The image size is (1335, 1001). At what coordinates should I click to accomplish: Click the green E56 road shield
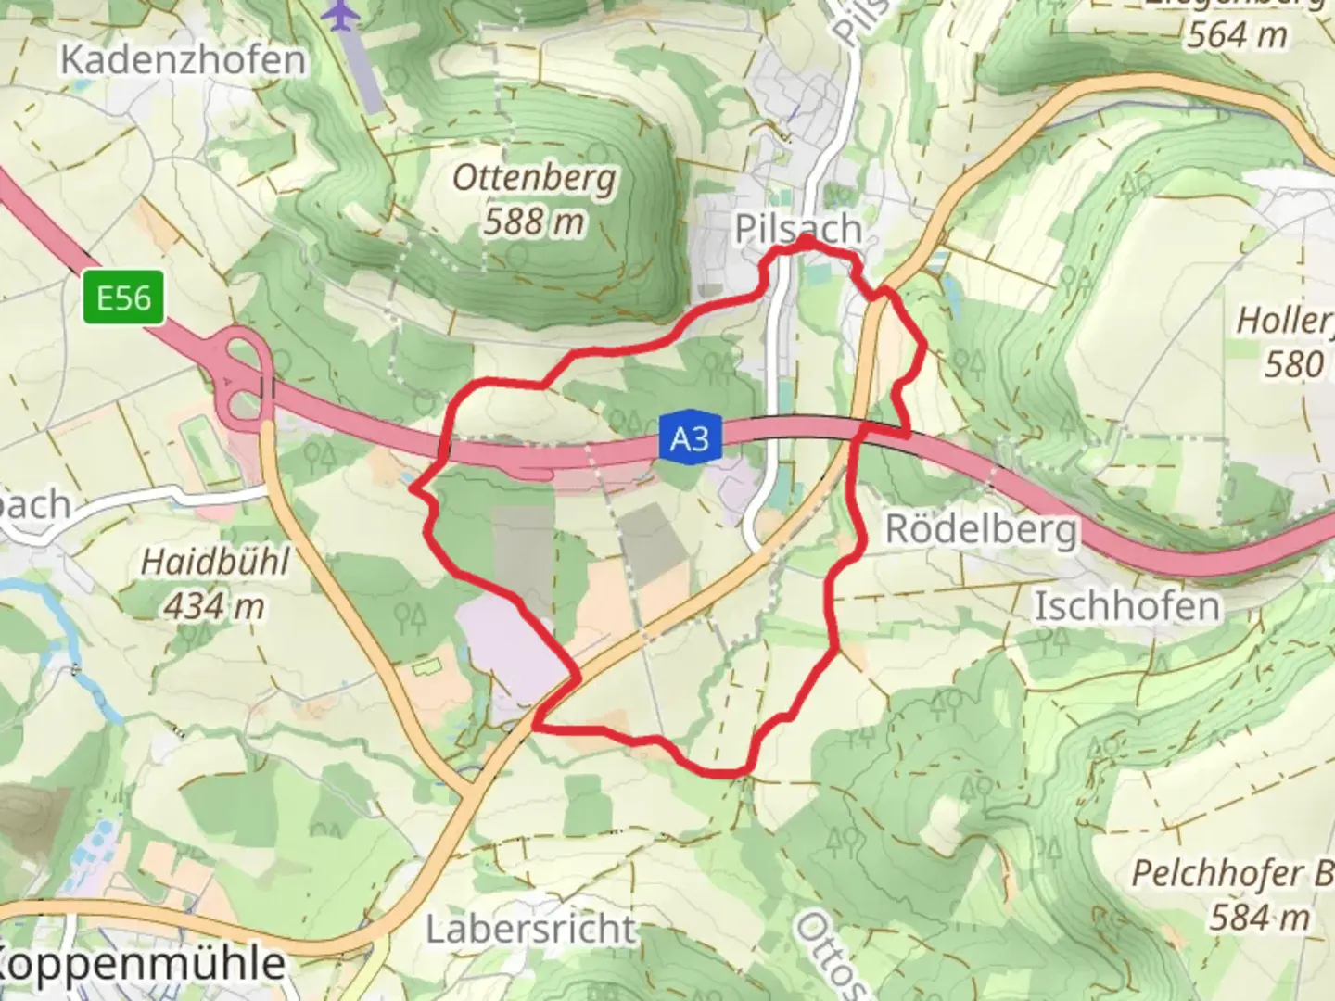click(x=124, y=298)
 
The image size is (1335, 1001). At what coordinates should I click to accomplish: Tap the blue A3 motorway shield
click(x=690, y=437)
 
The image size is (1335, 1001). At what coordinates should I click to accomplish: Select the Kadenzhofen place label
click(x=183, y=60)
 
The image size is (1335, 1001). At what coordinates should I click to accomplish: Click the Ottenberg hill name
click(x=534, y=177)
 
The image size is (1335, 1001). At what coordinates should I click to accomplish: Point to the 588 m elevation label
click(x=535, y=222)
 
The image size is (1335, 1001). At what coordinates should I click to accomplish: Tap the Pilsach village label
click(x=797, y=228)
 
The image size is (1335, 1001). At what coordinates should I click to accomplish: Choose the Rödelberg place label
click(x=982, y=530)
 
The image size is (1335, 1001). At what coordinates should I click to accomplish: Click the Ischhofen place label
click(x=1126, y=607)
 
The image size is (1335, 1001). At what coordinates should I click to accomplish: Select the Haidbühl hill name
click(x=215, y=562)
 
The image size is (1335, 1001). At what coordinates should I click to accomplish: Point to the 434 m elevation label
click(x=215, y=607)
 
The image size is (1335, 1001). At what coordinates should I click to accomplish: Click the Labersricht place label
click(x=531, y=929)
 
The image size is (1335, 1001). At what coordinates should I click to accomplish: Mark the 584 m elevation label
click(x=1259, y=918)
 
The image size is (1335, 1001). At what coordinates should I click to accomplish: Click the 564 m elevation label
click(x=1237, y=35)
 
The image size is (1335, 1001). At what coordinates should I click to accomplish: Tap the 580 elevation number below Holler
click(x=1293, y=364)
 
